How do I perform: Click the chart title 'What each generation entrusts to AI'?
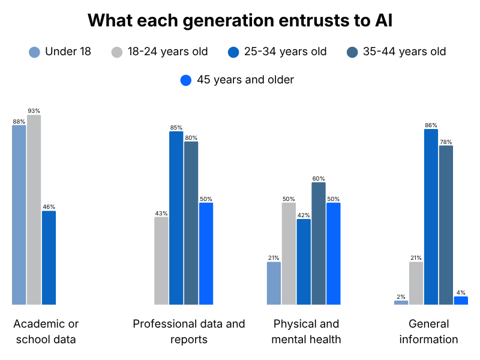[x=240, y=20]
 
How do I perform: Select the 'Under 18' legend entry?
[x=60, y=52]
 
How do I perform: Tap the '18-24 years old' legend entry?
[x=160, y=52]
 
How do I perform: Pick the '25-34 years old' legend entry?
[x=277, y=52]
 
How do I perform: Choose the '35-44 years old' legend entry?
[x=397, y=52]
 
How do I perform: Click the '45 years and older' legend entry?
[x=237, y=80]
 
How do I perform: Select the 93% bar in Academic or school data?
[x=34, y=209]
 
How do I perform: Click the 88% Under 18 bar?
[x=19, y=215]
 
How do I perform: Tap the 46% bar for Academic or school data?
[x=49, y=258]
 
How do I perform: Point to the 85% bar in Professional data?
[x=176, y=218]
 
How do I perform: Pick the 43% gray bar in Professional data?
[x=161, y=261]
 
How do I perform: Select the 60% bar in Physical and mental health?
[x=319, y=244]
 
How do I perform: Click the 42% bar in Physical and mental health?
[x=304, y=262]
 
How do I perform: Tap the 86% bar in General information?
[x=431, y=217]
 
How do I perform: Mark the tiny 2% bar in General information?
[x=401, y=303]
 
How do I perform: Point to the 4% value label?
[x=461, y=293]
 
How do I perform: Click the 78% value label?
[x=446, y=142]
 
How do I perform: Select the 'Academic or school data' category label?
[x=46, y=332]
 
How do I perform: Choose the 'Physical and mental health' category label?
[x=306, y=332]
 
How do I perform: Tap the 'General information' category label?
[x=428, y=332]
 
